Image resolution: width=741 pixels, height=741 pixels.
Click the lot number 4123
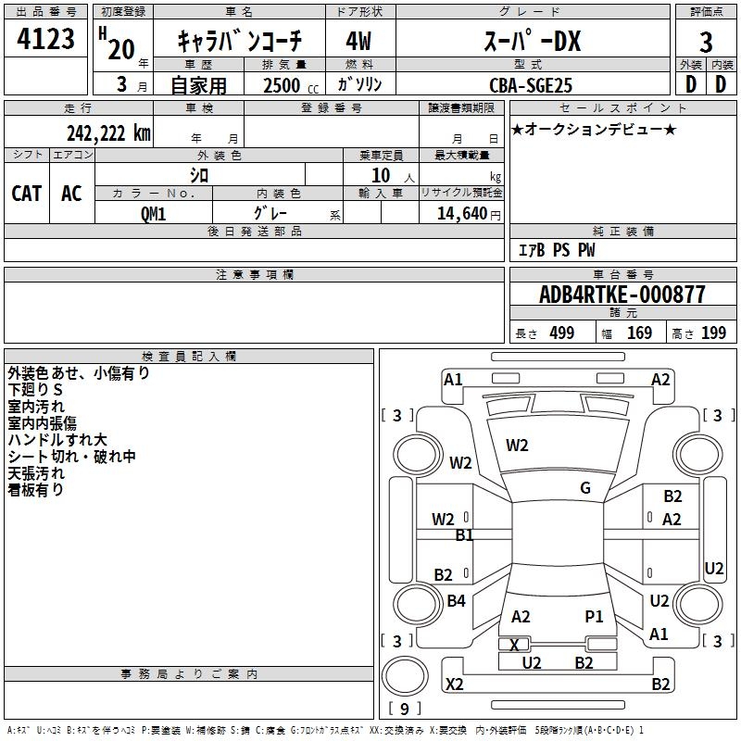tap(46, 42)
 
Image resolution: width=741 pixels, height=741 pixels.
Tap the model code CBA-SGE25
tap(531, 85)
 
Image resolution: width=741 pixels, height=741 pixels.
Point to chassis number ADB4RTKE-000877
tap(622, 295)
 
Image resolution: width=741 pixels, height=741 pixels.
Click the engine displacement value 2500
tap(282, 85)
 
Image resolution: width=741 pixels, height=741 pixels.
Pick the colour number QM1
tap(153, 213)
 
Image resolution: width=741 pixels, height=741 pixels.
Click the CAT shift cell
tap(26, 194)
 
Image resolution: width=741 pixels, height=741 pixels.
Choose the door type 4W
tap(358, 43)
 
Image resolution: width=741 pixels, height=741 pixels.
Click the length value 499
tap(562, 333)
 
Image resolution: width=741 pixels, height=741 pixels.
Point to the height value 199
tap(714, 333)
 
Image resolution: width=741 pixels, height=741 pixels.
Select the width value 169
tap(640, 333)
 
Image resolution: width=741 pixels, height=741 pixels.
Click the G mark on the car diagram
tap(585, 488)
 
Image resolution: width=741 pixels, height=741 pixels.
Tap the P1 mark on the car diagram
tap(594, 616)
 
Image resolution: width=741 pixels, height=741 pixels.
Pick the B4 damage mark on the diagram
tap(456, 601)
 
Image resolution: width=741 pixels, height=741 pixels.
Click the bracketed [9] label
tap(404, 710)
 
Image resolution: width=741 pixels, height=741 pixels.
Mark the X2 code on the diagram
tap(455, 684)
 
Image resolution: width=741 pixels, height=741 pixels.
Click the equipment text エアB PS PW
tap(556, 250)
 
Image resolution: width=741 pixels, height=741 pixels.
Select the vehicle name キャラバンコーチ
tap(238, 43)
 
